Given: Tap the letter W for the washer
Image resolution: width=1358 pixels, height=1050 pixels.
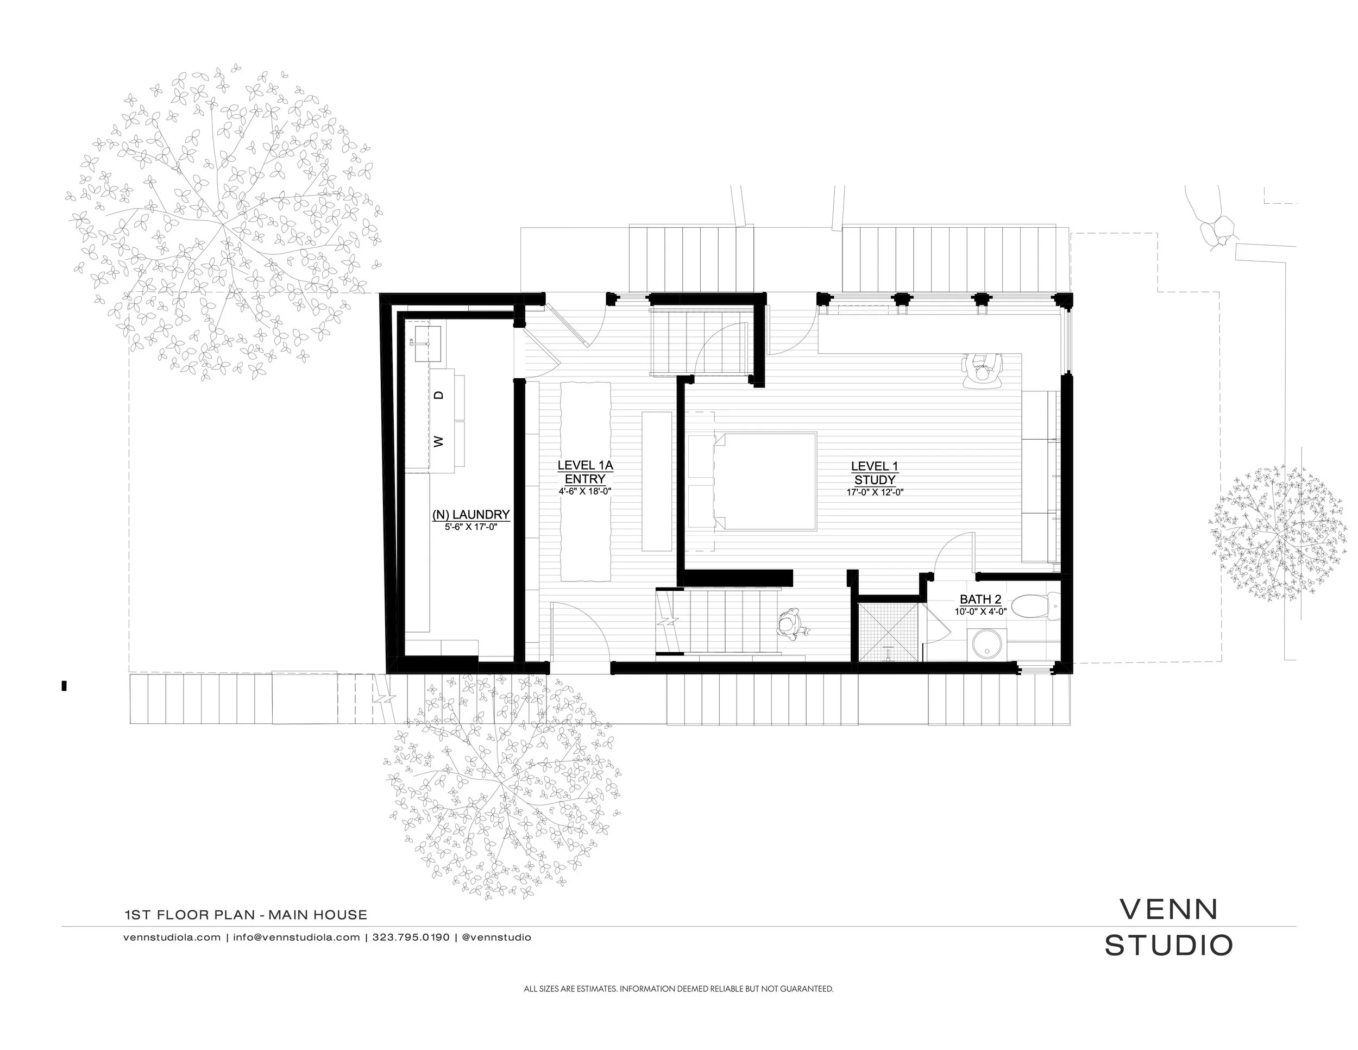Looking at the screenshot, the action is point(439,442).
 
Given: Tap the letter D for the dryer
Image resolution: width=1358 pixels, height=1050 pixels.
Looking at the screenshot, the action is point(439,395).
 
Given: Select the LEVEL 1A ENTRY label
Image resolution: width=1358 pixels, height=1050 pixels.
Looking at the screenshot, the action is point(585,472).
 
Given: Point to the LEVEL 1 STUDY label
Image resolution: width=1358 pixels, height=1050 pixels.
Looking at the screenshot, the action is point(874,473).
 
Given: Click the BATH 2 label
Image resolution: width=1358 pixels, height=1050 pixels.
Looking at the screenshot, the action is point(980,599).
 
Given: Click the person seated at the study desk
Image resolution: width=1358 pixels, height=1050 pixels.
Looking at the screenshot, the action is point(982,371).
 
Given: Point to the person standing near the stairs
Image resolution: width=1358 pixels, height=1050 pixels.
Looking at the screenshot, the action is point(791,624).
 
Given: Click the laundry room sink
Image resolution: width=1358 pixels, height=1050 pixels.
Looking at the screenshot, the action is point(424,343).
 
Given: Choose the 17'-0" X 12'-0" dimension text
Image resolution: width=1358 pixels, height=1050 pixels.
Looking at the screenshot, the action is point(874,492).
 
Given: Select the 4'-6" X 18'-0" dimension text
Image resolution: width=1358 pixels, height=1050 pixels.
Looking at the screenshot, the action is point(585,491).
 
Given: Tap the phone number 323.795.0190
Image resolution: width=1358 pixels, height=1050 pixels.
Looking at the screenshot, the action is point(410,937).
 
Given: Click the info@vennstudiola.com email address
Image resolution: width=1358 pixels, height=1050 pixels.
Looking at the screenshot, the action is point(297,937).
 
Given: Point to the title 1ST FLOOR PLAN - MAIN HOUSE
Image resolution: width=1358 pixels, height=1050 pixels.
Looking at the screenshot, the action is point(246,914).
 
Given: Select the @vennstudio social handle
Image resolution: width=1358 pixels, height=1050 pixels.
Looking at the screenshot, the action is point(497,937).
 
